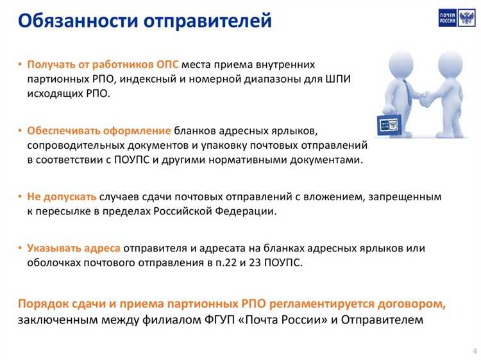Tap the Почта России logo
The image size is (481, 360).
click(457, 17)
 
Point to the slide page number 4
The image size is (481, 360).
click(474, 350)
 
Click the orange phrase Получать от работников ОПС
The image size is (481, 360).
click(103, 65)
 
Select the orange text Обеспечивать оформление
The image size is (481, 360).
click(99, 130)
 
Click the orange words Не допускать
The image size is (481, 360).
click(62, 196)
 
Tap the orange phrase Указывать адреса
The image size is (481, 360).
click(73, 248)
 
